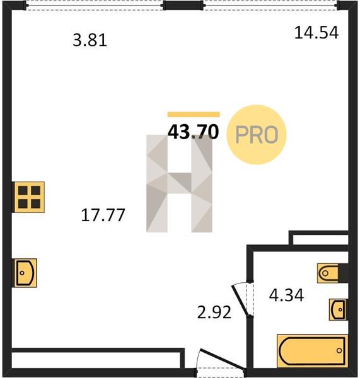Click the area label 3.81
click(x=90, y=40)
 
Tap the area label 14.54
click(x=316, y=33)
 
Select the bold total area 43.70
click(x=194, y=132)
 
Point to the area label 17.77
click(x=103, y=215)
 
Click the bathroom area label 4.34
click(x=286, y=295)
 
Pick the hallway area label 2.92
click(x=214, y=312)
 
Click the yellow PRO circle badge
click(x=256, y=135)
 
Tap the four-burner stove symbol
click(x=29, y=197)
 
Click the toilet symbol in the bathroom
click(x=328, y=273)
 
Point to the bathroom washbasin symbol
click(x=338, y=310)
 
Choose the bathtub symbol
click(x=313, y=351)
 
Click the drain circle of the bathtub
click(x=339, y=350)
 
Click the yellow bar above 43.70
click(x=194, y=115)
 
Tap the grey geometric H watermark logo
click(x=179, y=183)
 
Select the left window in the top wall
click(x=95, y=5)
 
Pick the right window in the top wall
click(x=270, y=5)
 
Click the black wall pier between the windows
click(x=183, y=5)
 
